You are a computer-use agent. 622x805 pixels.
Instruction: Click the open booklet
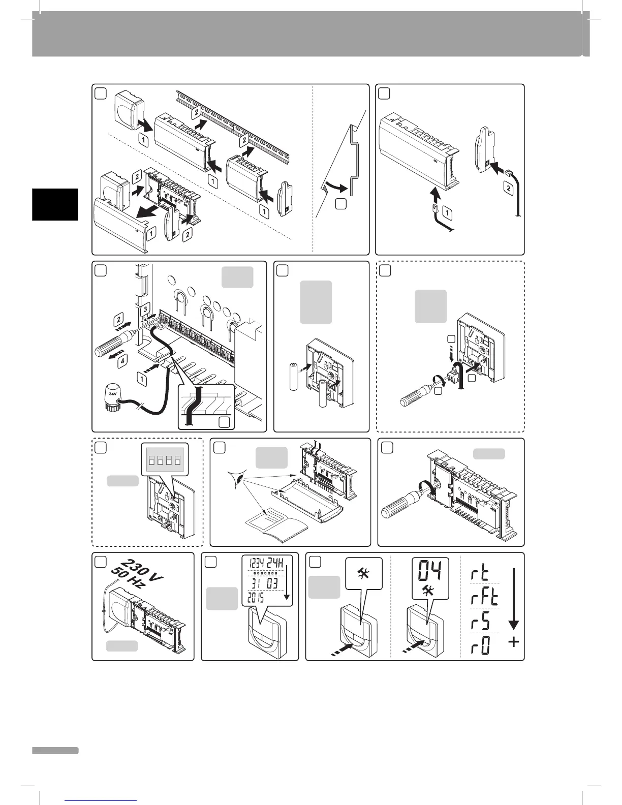coord(274,525)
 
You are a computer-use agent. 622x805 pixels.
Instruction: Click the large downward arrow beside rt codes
coord(513,600)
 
